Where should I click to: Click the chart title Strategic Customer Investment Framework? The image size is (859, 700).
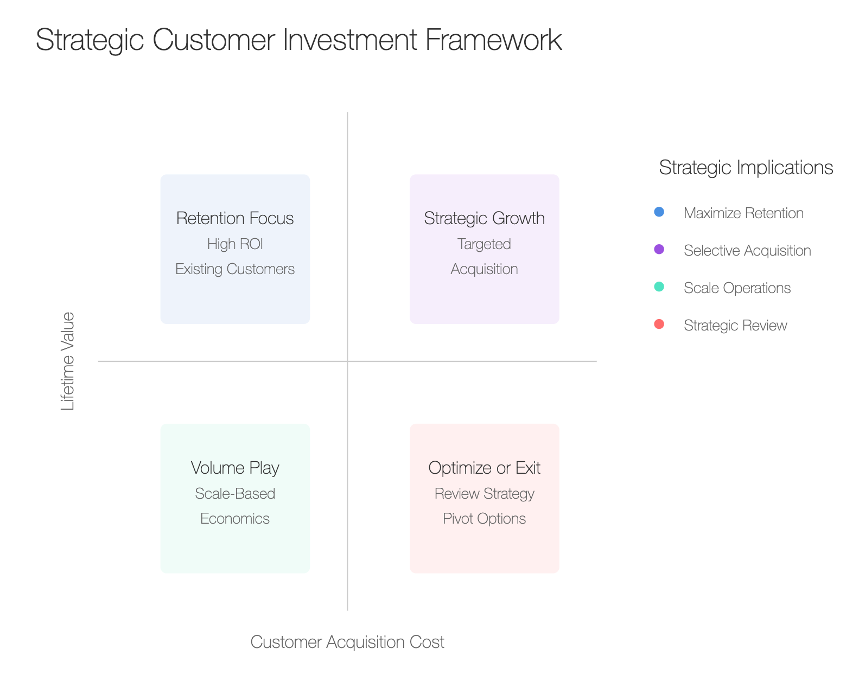[x=298, y=40]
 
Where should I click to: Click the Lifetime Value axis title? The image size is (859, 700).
[x=67, y=361]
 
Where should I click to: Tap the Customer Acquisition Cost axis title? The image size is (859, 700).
[x=347, y=642]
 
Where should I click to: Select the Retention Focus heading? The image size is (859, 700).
[x=235, y=219]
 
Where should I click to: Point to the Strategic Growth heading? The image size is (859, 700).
[x=485, y=219]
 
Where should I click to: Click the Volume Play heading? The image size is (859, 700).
[x=235, y=468]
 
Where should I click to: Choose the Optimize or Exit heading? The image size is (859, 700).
[x=485, y=468]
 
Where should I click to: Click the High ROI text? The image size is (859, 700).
[x=235, y=244]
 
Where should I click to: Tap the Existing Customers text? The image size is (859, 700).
[x=235, y=269]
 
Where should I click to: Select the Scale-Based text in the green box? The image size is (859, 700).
[x=235, y=494]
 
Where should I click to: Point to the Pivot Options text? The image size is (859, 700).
[x=485, y=519]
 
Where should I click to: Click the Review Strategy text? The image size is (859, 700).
[x=485, y=494]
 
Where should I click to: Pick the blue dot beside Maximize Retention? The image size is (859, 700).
[x=659, y=212]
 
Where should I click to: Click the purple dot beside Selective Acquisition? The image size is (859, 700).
[x=659, y=249]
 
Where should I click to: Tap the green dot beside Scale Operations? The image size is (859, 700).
[x=659, y=287]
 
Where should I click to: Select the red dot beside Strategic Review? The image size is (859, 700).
[x=659, y=324]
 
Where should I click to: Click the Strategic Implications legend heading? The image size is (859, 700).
[x=746, y=168]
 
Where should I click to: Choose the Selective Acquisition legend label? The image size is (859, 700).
[x=747, y=250]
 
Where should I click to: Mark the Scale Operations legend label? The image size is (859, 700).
[x=737, y=288]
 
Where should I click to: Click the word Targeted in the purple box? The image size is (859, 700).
[x=485, y=244]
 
